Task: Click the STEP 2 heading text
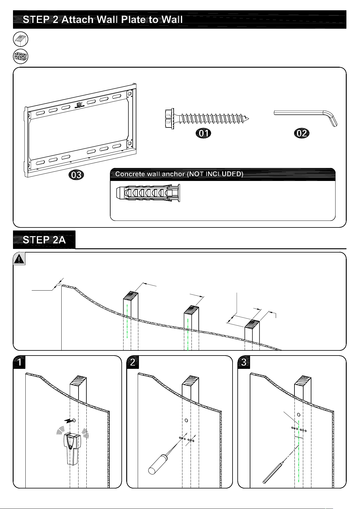click(x=103, y=20)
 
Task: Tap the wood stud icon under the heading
click(x=21, y=39)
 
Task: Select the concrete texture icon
click(x=21, y=56)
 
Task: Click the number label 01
click(x=203, y=133)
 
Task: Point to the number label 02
click(x=302, y=133)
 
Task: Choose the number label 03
click(x=76, y=175)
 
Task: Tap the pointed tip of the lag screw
click(x=249, y=118)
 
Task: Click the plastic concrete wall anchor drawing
click(x=148, y=193)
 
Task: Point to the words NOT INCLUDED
click(x=215, y=174)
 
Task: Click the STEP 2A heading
click(x=44, y=240)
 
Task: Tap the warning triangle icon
click(x=19, y=259)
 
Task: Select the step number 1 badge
click(x=19, y=362)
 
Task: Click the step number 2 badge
click(x=133, y=362)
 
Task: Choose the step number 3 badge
click(x=244, y=362)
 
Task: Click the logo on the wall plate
click(x=79, y=105)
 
